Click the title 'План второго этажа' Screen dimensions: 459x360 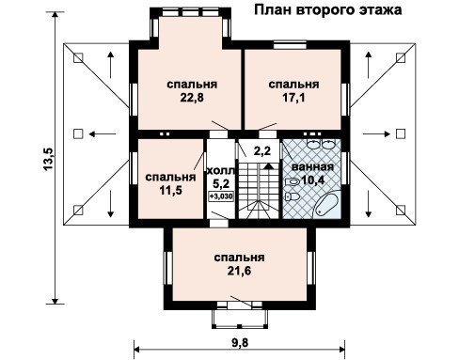click(x=327, y=10)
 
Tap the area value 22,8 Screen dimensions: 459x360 click(x=192, y=98)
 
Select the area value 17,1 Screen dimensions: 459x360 click(x=293, y=98)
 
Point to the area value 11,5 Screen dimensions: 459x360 click(x=170, y=190)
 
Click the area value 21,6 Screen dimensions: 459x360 click(x=239, y=271)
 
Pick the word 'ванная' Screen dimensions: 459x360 click(x=312, y=166)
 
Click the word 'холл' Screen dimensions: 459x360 click(x=221, y=171)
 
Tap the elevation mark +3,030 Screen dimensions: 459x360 click(x=221, y=196)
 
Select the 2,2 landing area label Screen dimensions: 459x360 click(x=262, y=151)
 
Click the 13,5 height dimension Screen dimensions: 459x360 click(x=49, y=159)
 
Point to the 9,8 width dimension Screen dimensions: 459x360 click(x=240, y=342)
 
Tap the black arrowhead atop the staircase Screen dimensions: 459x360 click(x=267, y=166)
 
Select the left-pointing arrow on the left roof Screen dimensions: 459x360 click(x=103, y=134)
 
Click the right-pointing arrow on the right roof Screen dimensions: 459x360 click(x=376, y=134)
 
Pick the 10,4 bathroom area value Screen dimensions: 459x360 click(x=312, y=180)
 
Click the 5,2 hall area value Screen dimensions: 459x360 click(x=221, y=183)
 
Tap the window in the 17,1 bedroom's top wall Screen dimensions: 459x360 click(x=290, y=45)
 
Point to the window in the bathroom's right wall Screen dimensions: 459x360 click(x=345, y=168)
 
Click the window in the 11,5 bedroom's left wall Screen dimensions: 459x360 click(x=134, y=168)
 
